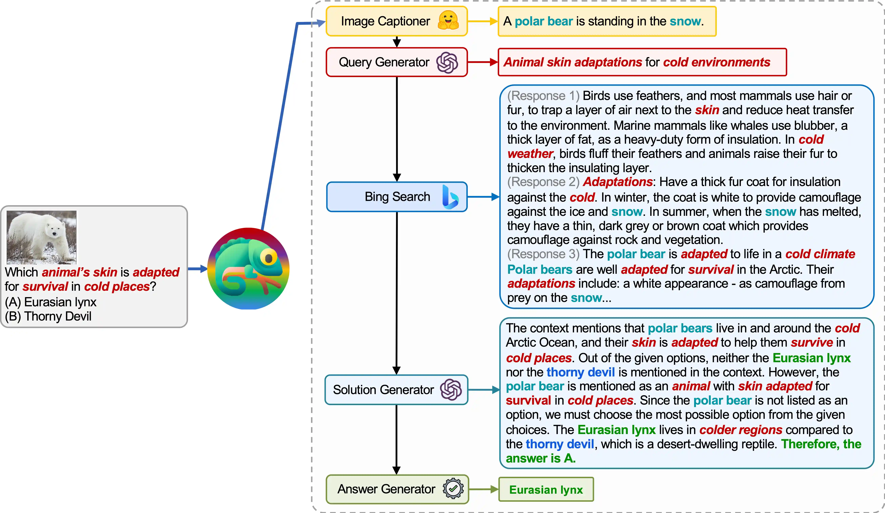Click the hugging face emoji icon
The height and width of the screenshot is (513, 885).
click(x=448, y=20)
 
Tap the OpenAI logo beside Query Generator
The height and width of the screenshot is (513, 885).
click(x=447, y=63)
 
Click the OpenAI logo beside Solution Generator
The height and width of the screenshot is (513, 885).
click(x=451, y=390)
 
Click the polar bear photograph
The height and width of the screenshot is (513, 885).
click(x=41, y=237)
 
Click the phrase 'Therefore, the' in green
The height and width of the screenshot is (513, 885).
click(x=821, y=444)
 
